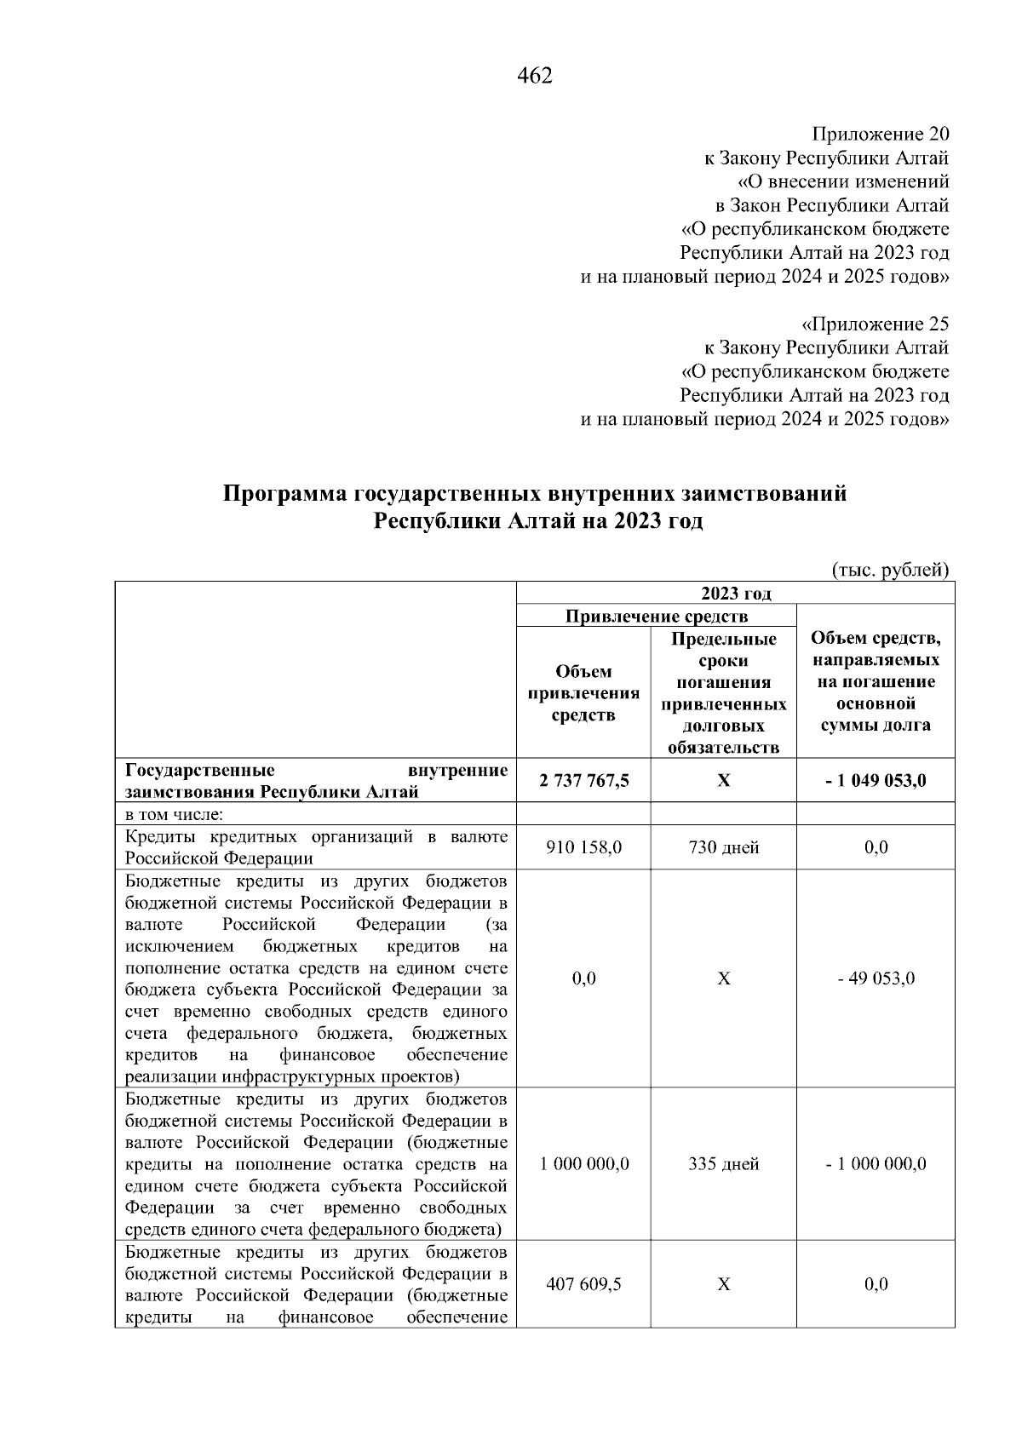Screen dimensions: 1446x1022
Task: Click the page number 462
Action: [535, 77]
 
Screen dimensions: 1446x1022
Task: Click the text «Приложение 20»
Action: [880, 135]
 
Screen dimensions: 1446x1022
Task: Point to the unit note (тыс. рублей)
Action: [889, 570]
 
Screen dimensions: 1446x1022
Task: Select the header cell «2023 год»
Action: [735, 594]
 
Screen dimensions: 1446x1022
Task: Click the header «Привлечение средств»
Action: [657, 616]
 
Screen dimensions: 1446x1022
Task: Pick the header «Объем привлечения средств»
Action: [583, 693]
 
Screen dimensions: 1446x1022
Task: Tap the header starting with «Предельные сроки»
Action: [723, 693]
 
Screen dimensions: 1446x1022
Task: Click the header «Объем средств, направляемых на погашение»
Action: [876, 681]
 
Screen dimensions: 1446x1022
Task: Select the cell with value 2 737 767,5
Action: [584, 780]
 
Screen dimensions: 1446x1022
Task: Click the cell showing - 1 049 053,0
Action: [876, 780]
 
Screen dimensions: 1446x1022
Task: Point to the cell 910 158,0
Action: [584, 847]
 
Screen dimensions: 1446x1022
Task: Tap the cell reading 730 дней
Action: [723, 847]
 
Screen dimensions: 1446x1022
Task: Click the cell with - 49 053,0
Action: [876, 978]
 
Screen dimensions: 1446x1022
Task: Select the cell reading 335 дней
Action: [723, 1164]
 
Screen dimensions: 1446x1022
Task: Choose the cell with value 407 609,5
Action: [584, 1283]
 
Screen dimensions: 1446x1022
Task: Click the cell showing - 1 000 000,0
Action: [876, 1164]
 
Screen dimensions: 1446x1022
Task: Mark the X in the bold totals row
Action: [723, 780]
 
